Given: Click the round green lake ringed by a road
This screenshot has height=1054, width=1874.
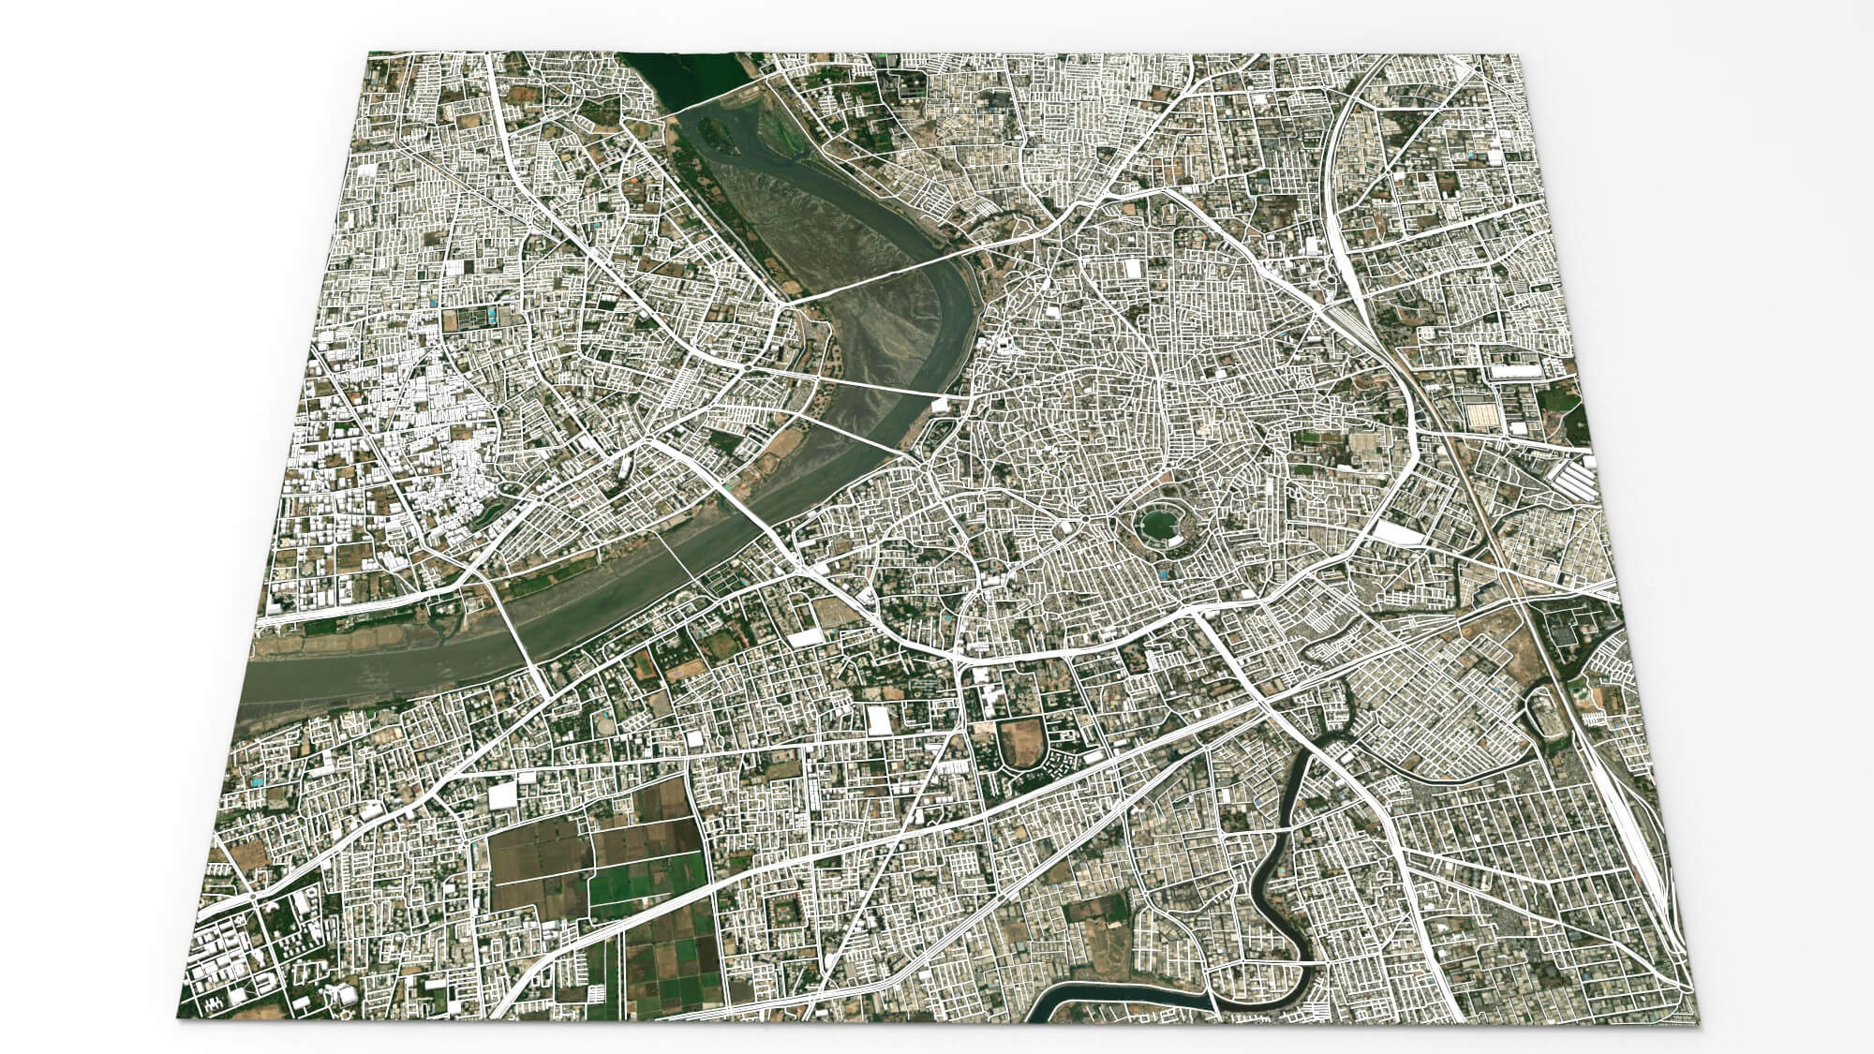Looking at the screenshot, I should [x=1155, y=524].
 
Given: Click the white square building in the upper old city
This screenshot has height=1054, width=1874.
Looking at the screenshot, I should [x=1132, y=268].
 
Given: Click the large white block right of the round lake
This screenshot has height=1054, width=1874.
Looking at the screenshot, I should [x=1396, y=533].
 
